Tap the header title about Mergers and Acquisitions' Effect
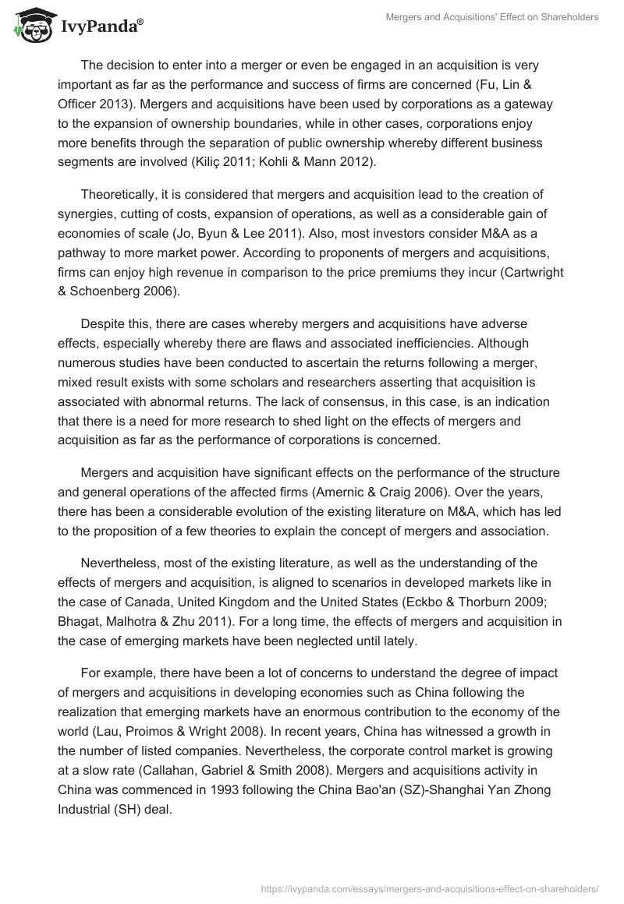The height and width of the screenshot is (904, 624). tap(492, 17)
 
